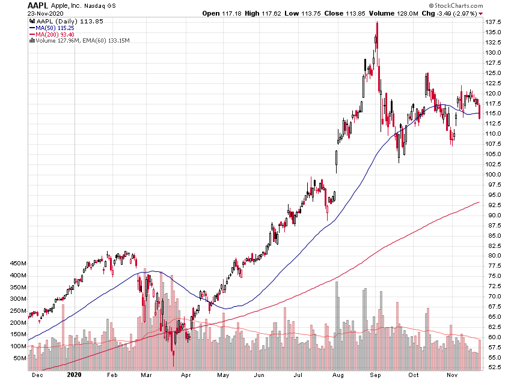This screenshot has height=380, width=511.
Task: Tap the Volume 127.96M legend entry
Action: [x=66, y=40]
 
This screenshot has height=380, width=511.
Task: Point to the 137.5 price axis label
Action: [x=494, y=22]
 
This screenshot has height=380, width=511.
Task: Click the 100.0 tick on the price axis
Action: [x=494, y=175]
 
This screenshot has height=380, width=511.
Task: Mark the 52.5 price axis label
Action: [x=494, y=367]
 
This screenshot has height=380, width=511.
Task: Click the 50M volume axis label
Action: [x=19, y=358]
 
